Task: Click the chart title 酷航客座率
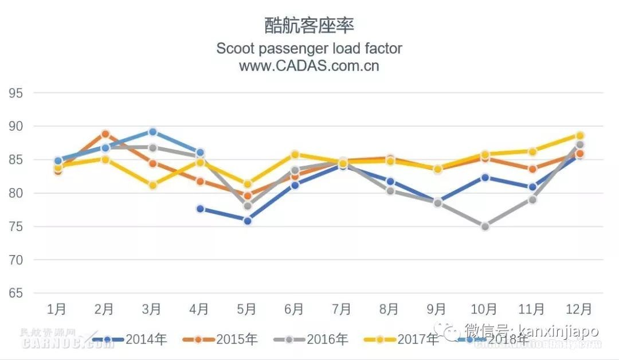click(x=309, y=25)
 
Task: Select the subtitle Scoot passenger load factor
click(x=309, y=48)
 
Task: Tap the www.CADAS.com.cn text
click(x=309, y=65)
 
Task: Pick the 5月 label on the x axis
click(x=246, y=310)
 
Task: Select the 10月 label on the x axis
click(x=484, y=310)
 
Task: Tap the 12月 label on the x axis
click(x=579, y=310)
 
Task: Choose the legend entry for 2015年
click(x=220, y=339)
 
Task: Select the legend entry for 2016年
click(x=311, y=339)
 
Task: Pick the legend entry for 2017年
click(x=401, y=339)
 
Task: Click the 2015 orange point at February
click(x=105, y=134)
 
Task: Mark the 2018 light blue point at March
click(x=152, y=132)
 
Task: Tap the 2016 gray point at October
click(x=485, y=226)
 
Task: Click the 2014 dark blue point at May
click(x=248, y=221)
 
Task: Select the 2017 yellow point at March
click(x=152, y=185)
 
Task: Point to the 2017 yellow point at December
click(x=580, y=136)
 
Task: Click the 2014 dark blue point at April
click(x=200, y=209)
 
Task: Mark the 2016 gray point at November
click(x=532, y=199)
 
